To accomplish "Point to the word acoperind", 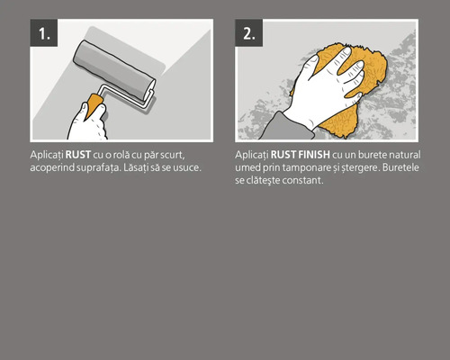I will click(53, 168).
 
